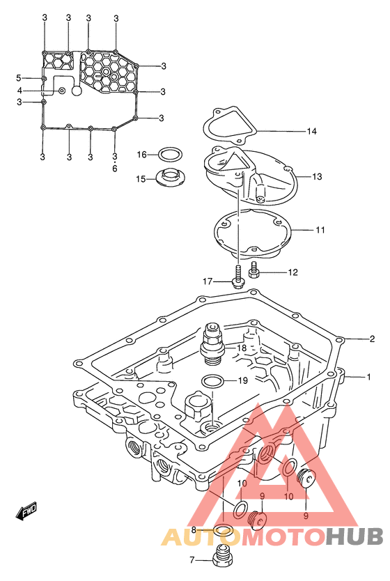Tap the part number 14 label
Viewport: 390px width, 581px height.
click(311, 131)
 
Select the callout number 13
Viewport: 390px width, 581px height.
click(317, 177)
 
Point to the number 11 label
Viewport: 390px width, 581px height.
click(320, 230)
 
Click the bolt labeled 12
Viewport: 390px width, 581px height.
click(254, 270)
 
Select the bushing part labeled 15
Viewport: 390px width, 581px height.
click(171, 178)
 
